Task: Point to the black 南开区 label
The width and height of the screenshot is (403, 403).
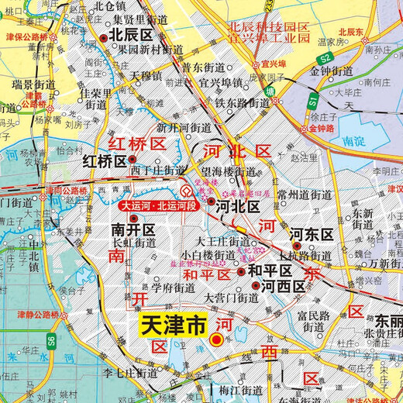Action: click(x=133, y=230)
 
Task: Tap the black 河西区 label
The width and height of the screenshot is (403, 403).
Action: click(x=281, y=286)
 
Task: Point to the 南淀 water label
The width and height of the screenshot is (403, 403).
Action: click(x=353, y=142)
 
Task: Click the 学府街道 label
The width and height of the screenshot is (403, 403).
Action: click(x=173, y=288)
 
